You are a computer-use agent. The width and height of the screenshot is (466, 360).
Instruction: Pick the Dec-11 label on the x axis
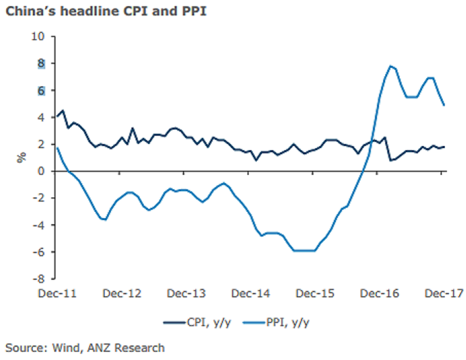click(57, 293)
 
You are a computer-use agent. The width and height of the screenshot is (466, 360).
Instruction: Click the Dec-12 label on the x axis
click(122, 293)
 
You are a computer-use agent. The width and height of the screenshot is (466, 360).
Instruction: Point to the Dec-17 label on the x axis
click(443, 293)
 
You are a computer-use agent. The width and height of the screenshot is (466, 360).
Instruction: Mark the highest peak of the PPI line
click(390, 66)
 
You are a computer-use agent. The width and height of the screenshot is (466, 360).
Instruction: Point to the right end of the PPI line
click(445, 105)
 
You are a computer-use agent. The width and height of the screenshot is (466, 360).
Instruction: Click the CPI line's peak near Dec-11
click(63, 110)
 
